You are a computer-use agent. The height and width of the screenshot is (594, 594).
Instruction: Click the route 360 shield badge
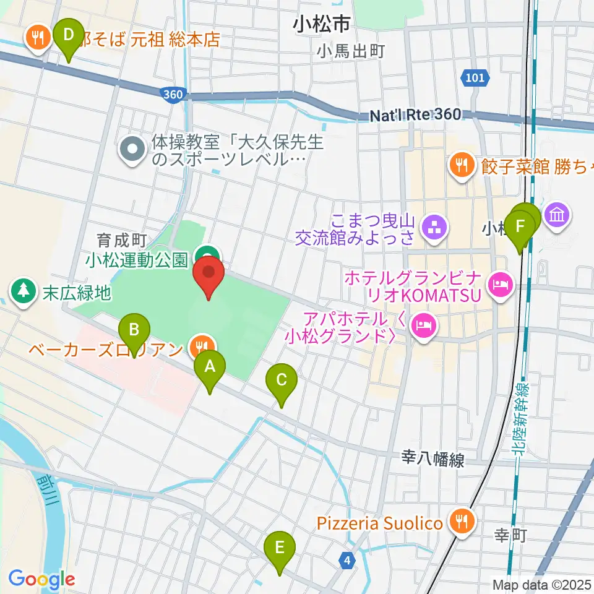173,94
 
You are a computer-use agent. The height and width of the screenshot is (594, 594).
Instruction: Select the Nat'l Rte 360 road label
415,116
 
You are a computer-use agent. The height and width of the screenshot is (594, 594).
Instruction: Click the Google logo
41,579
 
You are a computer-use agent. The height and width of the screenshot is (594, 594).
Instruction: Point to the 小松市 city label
322,25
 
